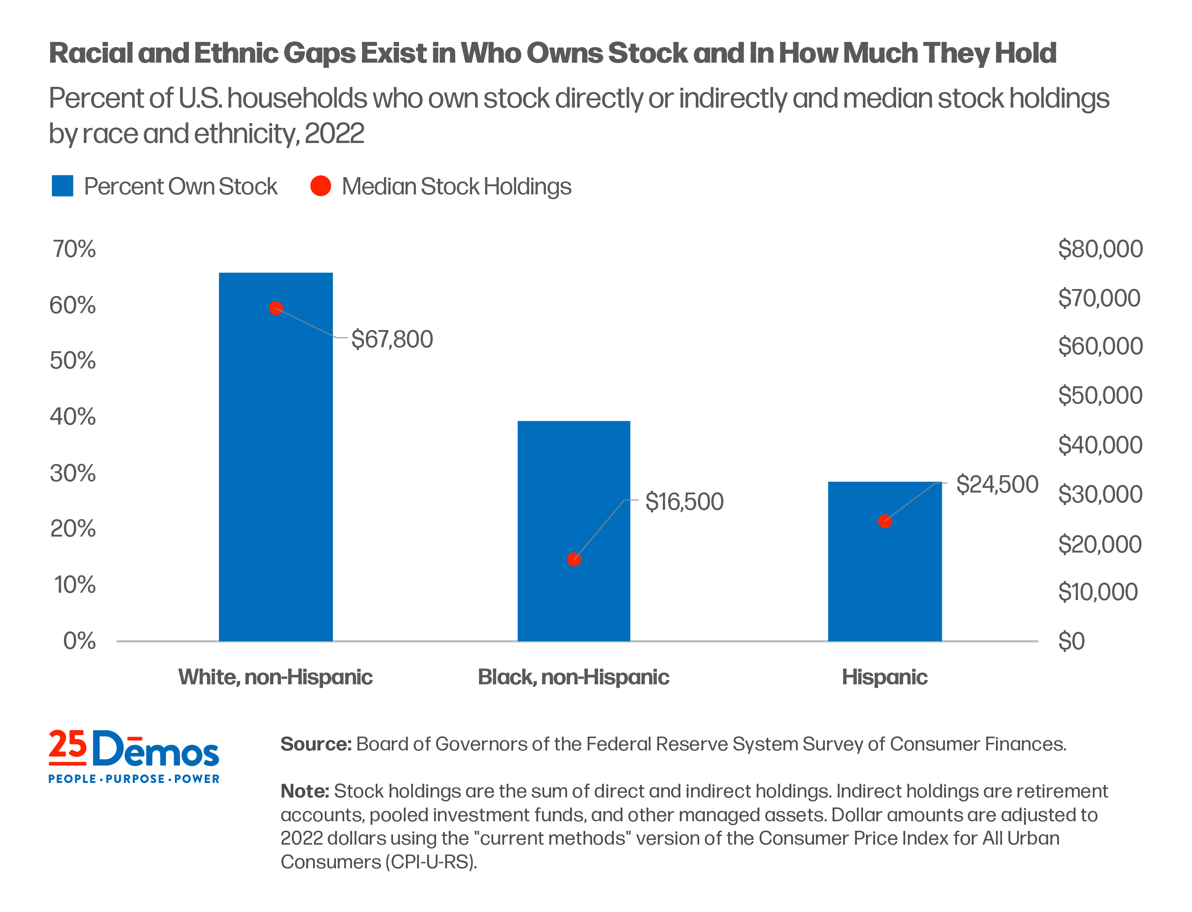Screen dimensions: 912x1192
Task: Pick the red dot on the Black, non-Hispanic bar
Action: (574, 559)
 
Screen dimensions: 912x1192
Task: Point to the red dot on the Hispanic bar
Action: (884, 521)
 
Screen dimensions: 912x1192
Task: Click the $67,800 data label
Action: (392, 339)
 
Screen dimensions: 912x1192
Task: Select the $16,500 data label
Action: (684, 502)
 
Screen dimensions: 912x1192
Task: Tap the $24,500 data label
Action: (997, 484)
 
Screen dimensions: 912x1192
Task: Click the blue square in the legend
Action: (62, 186)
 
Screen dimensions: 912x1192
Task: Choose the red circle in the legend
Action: (320, 186)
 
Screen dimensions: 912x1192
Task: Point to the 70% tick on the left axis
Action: (74, 249)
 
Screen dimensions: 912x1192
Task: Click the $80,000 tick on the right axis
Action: (1100, 249)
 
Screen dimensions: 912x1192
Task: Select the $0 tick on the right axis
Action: (1071, 641)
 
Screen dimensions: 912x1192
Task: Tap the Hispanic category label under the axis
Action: (884, 677)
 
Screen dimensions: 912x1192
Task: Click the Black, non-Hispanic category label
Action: (574, 677)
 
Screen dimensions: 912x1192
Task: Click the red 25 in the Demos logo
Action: (68, 745)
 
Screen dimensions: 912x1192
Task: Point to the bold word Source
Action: (316, 744)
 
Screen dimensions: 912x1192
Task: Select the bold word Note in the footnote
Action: (304, 791)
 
